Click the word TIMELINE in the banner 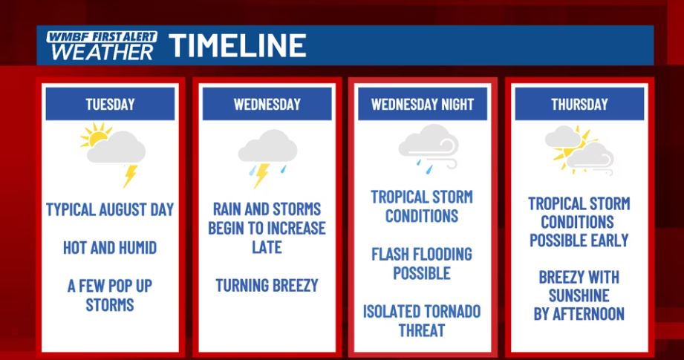click(x=238, y=45)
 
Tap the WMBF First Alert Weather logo click(x=102, y=45)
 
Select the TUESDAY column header click(x=110, y=104)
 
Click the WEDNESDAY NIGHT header click(x=423, y=104)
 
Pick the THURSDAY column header click(x=579, y=104)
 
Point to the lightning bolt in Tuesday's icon click(x=129, y=176)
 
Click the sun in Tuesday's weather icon click(x=94, y=136)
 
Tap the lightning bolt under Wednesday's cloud click(x=261, y=175)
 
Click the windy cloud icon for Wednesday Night click(x=429, y=146)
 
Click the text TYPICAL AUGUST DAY click(x=110, y=209)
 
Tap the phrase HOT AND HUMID click(x=110, y=248)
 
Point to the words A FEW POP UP click(x=110, y=286)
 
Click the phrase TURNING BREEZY click(x=267, y=286)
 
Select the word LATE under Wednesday click(x=267, y=247)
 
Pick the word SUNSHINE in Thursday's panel click(x=579, y=295)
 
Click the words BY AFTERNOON click(x=579, y=314)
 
